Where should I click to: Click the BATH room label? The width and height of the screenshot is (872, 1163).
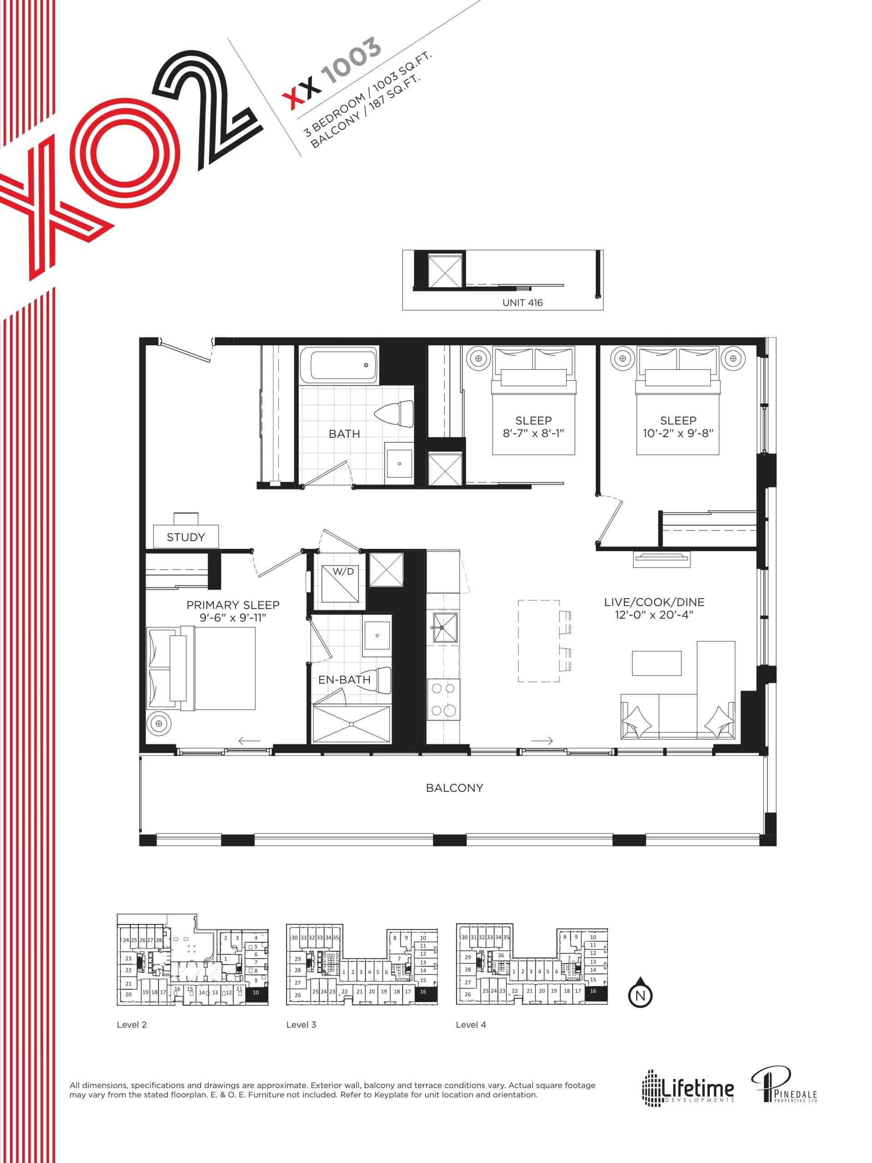pyautogui.click(x=344, y=434)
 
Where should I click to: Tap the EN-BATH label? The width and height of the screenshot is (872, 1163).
pyautogui.click(x=344, y=679)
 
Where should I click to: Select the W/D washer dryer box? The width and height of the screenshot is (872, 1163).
pyautogui.click(x=343, y=584)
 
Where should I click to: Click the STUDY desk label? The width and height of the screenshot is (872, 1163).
pyautogui.click(x=186, y=537)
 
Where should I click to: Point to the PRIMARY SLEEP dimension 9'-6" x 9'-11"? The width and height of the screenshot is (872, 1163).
pyautogui.click(x=233, y=618)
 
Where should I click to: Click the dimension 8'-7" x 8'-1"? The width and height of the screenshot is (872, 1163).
pyautogui.click(x=533, y=434)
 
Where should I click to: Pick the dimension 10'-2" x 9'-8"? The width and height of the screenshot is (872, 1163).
pyautogui.click(x=678, y=434)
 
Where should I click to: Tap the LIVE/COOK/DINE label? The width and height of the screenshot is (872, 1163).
pyautogui.click(x=654, y=602)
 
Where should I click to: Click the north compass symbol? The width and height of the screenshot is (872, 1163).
pyautogui.click(x=640, y=994)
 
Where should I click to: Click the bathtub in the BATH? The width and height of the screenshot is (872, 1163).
pyautogui.click(x=344, y=364)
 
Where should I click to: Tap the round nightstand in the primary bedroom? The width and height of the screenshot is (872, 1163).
pyautogui.click(x=159, y=724)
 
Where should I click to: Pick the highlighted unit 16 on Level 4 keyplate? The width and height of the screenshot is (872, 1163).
pyautogui.click(x=593, y=991)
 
